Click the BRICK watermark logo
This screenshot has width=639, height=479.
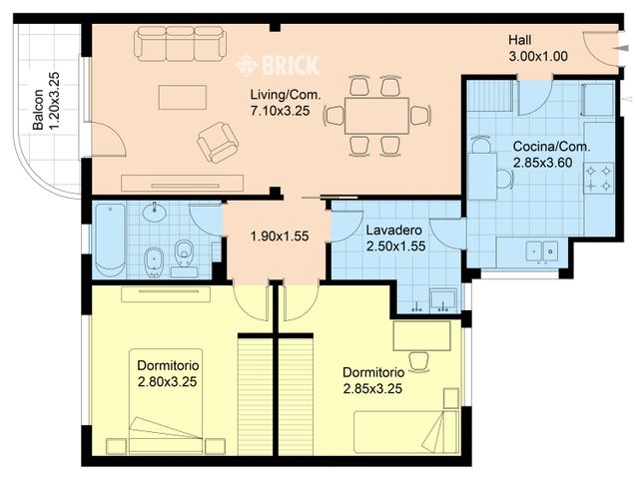pyautogui.click(x=278, y=66)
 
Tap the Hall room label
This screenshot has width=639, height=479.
pyautogui.click(x=519, y=40)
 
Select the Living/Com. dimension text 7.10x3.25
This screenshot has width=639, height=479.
pyautogui.click(x=280, y=111)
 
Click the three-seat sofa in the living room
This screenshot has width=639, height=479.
pyautogui.click(x=180, y=44)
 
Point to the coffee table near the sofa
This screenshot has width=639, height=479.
pyautogui.click(x=182, y=97)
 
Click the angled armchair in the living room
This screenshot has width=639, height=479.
pyautogui.click(x=218, y=142)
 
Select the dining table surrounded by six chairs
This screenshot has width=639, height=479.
pyautogui.click(x=376, y=115)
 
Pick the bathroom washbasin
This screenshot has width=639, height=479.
pyautogui.click(x=155, y=213)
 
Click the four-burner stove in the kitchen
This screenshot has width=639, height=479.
pyautogui.click(x=599, y=177)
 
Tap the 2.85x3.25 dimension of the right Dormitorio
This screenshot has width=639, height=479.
pyautogui.click(x=371, y=389)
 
